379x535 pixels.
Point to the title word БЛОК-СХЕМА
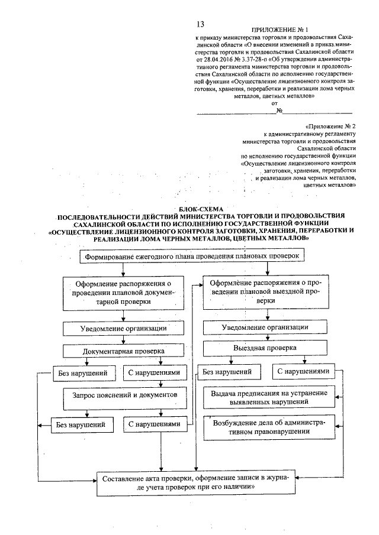pos(194,207)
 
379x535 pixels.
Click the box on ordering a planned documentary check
pos(123,291)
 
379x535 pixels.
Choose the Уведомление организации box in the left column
pos(123,328)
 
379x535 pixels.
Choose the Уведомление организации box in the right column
pos(264,328)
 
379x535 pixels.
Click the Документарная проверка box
pos(123,350)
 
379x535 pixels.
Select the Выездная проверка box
pos(264,349)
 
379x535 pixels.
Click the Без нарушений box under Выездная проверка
pos(227,372)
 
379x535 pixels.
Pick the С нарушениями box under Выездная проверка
pos(302,372)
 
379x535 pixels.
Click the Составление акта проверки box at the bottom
pos(195,482)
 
